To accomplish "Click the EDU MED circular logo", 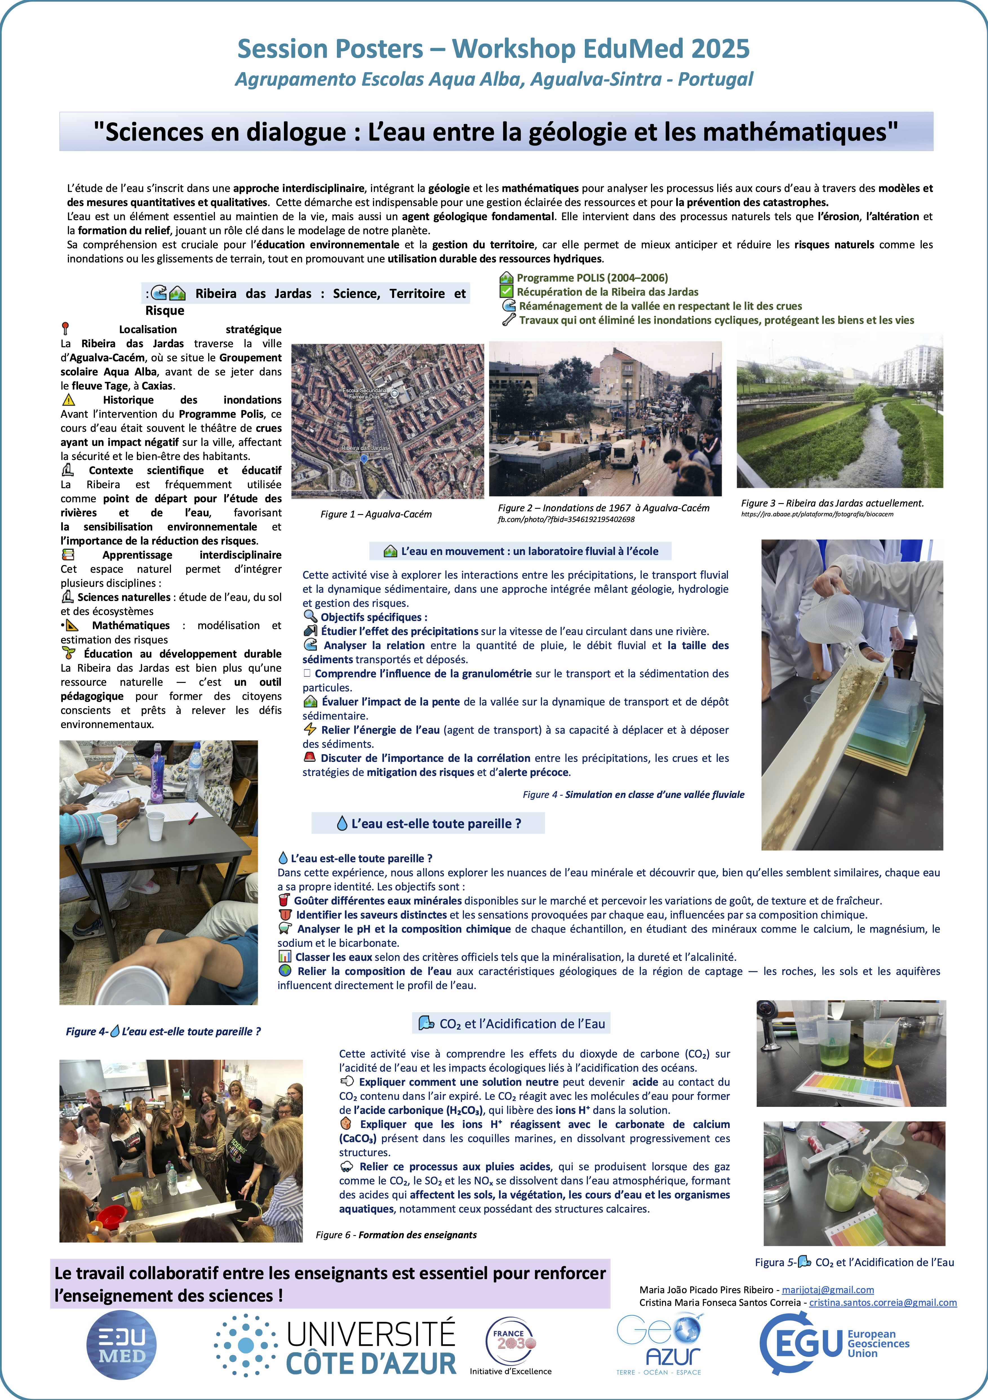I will pos(121,1344).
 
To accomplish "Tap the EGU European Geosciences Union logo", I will pos(834,1343).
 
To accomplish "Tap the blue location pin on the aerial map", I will pos(364,459).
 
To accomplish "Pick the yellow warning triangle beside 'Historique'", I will pos(68,400).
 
